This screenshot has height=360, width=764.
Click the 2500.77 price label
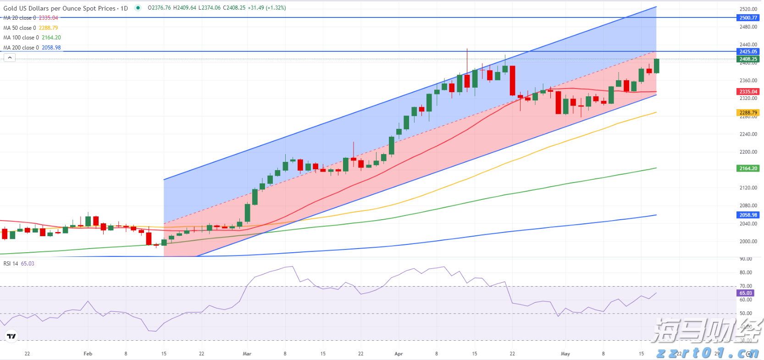tap(748, 17)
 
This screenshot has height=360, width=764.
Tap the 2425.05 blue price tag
tap(748, 51)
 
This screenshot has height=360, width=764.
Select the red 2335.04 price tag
tap(748, 92)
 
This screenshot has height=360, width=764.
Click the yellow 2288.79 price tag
tap(748, 112)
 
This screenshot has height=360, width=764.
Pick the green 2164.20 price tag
tap(748, 168)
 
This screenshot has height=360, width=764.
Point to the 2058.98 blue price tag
tap(748, 215)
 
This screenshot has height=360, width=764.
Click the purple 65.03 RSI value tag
tap(746, 293)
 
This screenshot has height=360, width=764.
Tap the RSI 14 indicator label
tap(11, 264)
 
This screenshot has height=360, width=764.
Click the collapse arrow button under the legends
tap(10, 57)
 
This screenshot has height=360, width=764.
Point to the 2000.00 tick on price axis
tap(748, 241)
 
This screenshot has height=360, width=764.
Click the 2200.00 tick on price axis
tap(748, 152)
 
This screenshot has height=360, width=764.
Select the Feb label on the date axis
tap(88, 354)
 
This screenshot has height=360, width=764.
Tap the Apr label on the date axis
tap(399, 354)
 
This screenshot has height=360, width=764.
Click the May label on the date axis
tap(565, 354)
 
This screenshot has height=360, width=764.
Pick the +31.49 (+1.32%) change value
tap(266, 8)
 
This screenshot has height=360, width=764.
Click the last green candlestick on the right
tap(657, 66)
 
